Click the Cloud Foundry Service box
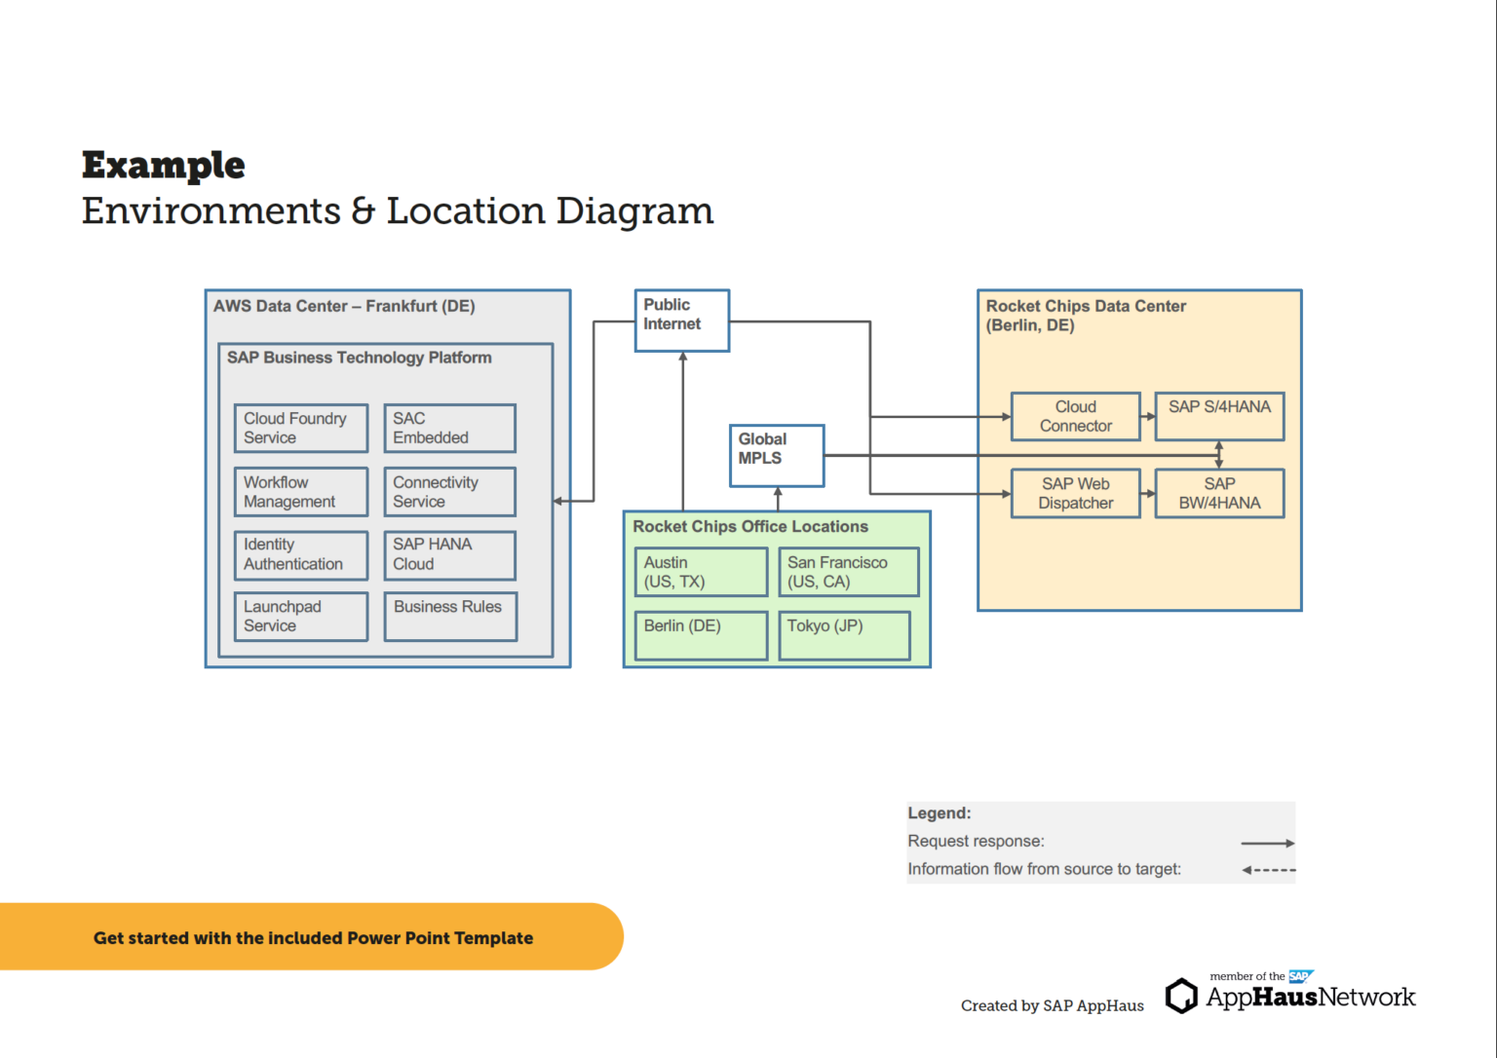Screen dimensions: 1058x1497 pyautogui.click(x=301, y=429)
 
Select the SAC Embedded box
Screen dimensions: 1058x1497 pyautogui.click(x=449, y=429)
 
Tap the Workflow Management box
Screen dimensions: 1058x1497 pyautogui.click(x=301, y=492)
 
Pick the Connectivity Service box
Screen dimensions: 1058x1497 pyautogui.click(x=449, y=492)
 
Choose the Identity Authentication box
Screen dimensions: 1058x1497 pyautogui.click(x=301, y=555)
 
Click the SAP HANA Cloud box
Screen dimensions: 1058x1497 pyautogui.click(x=449, y=555)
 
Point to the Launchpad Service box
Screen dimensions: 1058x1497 pyautogui.click(x=301, y=617)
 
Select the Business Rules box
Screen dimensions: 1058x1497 pyautogui.click(x=450, y=617)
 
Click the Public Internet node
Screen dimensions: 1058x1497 pyautogui.click(x=681, y=321)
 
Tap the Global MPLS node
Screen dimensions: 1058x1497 pyautogui.click(x=777, y=455)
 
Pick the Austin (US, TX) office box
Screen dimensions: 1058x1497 pyautogui.click(x=701, y=572)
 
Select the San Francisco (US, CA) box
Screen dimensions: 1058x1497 pyautogui.click(x=848, y=572)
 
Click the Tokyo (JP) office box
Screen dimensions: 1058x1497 pyautogui.click(x=844, y=635)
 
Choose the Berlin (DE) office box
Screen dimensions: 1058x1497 pyautogui.click(x=701, y=635)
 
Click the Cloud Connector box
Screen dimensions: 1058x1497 pyautogui.click(x=1075, y=417)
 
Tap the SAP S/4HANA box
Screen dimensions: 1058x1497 pyautogui.click(x=1219, y=417)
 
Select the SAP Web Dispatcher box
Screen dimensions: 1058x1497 pyautogui.click(x=1075, y=494)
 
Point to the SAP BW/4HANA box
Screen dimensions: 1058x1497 pyautogui.click(x=1219, y=494)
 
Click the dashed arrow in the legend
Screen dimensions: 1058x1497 pyautogui.click(x=1269, y=870)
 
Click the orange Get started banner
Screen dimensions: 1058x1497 pyautogui.click(x=312, y=937)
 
